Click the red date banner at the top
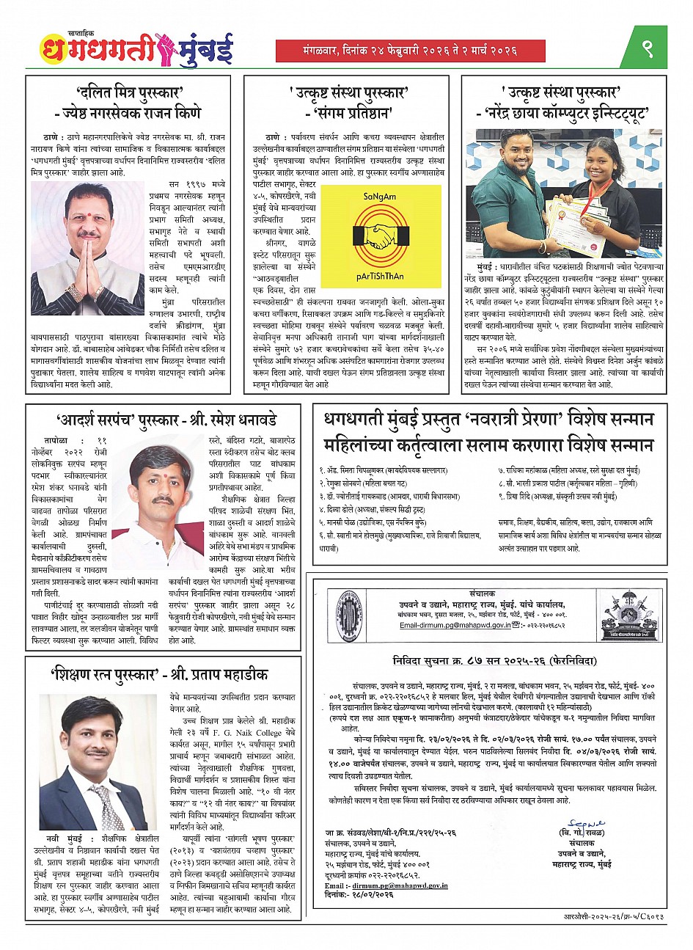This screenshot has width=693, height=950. pos(410,51)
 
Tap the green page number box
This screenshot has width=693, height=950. pos(646,48)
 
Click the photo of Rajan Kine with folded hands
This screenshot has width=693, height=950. pos(78,238)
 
